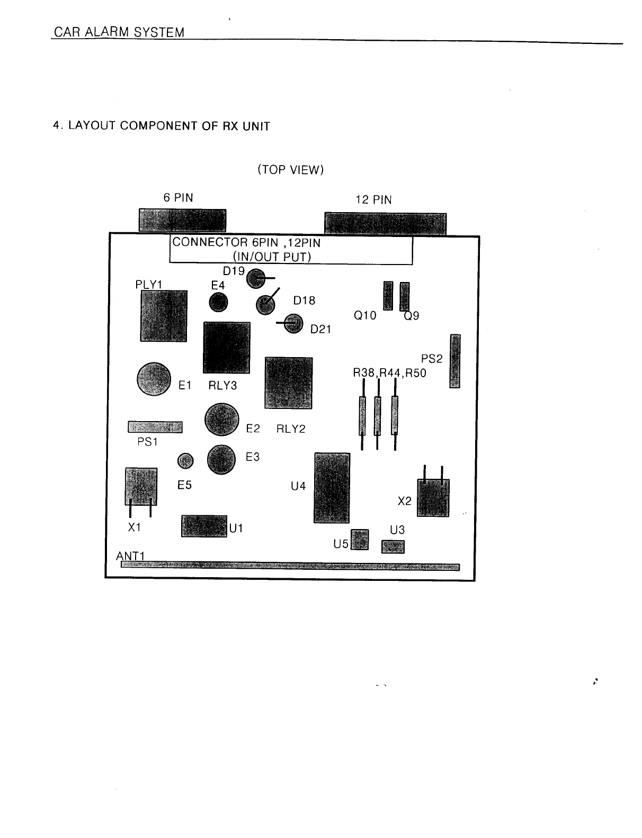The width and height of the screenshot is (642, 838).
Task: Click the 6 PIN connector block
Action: [182, 220]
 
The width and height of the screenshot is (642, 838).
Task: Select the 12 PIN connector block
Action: [385, 223]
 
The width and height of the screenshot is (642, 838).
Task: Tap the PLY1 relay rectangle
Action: [164, 316]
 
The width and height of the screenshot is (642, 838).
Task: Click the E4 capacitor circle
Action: [218, 303]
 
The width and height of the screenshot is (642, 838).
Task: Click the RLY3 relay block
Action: [227, 348]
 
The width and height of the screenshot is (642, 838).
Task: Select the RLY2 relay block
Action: [288, 383]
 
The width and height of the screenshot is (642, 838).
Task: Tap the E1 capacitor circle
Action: [154, 378]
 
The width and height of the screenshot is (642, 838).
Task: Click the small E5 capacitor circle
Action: [185, 461]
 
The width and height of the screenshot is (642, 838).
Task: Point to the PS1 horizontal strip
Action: [155, 427]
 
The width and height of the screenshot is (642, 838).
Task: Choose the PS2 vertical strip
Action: [454, 361]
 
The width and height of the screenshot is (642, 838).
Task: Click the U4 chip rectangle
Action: [332, 488]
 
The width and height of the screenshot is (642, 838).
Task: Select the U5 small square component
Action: [360, 539]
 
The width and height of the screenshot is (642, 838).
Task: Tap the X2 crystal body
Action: [433, 498]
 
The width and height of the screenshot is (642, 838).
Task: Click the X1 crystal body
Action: [141, 486]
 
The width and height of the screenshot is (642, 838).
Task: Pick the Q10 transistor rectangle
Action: [388, 296]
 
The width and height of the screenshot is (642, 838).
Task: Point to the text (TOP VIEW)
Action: [290, 170]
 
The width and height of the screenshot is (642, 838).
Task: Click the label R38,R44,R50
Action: [389, 373]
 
